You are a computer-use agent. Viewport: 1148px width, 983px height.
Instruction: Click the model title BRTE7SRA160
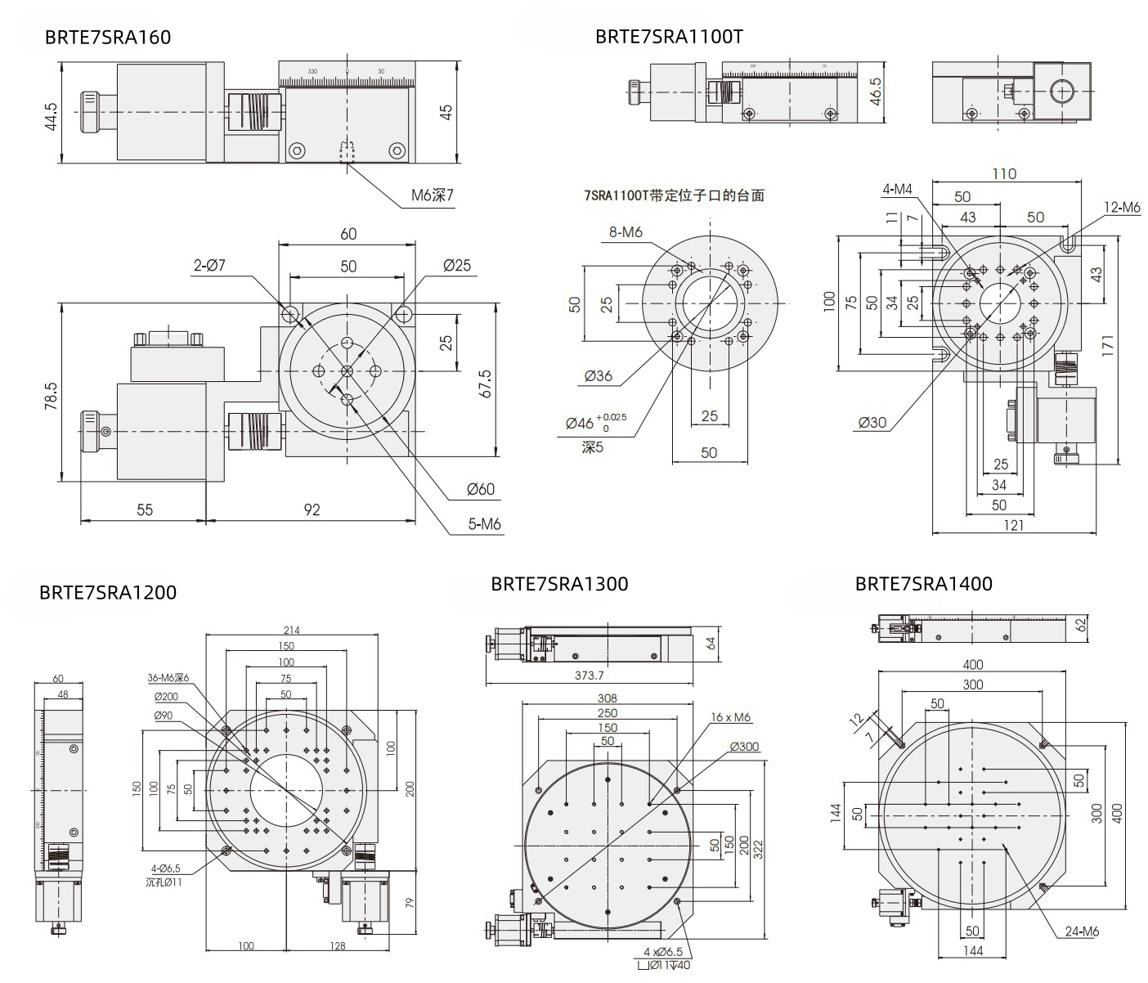(x=108, y=38)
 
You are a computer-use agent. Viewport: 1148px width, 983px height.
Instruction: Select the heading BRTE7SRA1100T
(x=669, y=37)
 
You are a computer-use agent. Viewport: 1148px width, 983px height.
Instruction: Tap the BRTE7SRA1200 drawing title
(x=107, y=592)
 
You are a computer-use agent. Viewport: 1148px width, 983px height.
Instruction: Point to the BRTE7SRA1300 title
(x=559, y=584)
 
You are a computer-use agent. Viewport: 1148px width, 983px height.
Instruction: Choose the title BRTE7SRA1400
(x=923, y=584)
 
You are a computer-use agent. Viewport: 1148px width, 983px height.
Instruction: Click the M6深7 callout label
(x=432, y=196)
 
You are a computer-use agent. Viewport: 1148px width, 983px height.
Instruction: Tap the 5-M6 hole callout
(x=484, y=525)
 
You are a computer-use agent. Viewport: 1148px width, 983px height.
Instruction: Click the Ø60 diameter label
(x=481, y=489)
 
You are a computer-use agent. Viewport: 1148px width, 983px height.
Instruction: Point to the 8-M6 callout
(x=626, y=231)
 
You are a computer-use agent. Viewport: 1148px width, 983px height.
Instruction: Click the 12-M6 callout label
(x=1121, y=208)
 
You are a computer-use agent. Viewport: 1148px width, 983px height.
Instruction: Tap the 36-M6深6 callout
(x=168, y=678)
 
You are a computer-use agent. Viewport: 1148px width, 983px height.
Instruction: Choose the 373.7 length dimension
(x=589, y=676)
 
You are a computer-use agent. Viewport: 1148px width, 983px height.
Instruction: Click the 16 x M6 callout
(x=730, y=717)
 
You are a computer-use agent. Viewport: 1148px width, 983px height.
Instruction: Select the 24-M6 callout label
(x=1082, y=931)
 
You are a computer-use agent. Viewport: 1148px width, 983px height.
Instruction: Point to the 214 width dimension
(x=292, y=630)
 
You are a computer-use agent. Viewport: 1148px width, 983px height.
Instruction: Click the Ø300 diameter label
(x=744, y=747)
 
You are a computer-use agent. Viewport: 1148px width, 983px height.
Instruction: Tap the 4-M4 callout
(x=897, y=190)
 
